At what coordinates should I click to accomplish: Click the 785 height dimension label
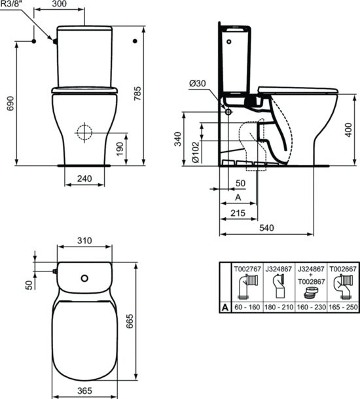137,94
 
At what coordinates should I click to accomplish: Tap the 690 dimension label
10,103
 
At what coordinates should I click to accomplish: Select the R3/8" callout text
11,3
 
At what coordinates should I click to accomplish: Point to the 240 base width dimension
84,179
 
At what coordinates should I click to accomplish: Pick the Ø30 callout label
198,83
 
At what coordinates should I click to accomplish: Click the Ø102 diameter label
195,152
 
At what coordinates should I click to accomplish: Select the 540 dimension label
266,228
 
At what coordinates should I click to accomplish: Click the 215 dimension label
238,213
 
